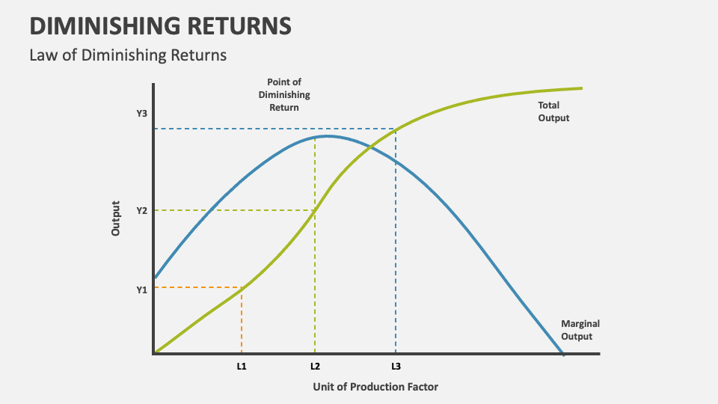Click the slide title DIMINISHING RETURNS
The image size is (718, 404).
pyautogui.click(x=160, y=25)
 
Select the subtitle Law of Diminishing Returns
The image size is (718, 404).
pyautogui.click(x=127, y=55)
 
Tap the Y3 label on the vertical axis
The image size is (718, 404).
pyautogui.click(x=141, y=113)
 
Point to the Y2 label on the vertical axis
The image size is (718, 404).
pyautogui.click(x=141, y=211)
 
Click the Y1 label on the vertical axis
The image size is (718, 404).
pyautogui.click(x=141, y=290)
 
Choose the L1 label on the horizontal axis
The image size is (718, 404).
pyautogui.click(x=241, y=367)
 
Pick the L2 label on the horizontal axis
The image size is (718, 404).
pyautogui.click(x=315, y=367)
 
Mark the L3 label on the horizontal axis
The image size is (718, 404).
pyautogui.click(x=396, y=367)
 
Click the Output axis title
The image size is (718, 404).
pyautogui.click(x=115, y=218)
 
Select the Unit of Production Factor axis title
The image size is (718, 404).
pyautogui.click(x=375, y=387)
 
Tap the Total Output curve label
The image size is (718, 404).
pyautogui.click(x=553, y=111)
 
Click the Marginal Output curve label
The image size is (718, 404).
pyautogui.click(x=580, y=330)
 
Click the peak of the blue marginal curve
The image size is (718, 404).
pyautogui.click(x=326, y=136)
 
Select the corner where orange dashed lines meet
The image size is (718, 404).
pyautogui.click(x=241, y=287)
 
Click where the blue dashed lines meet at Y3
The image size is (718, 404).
pyautogui.click(x=396, y=129)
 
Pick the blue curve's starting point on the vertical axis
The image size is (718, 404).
pyautogui.click(x=154, y=278)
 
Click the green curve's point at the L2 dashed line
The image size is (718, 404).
pyautogui.click(x=315, y=209)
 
